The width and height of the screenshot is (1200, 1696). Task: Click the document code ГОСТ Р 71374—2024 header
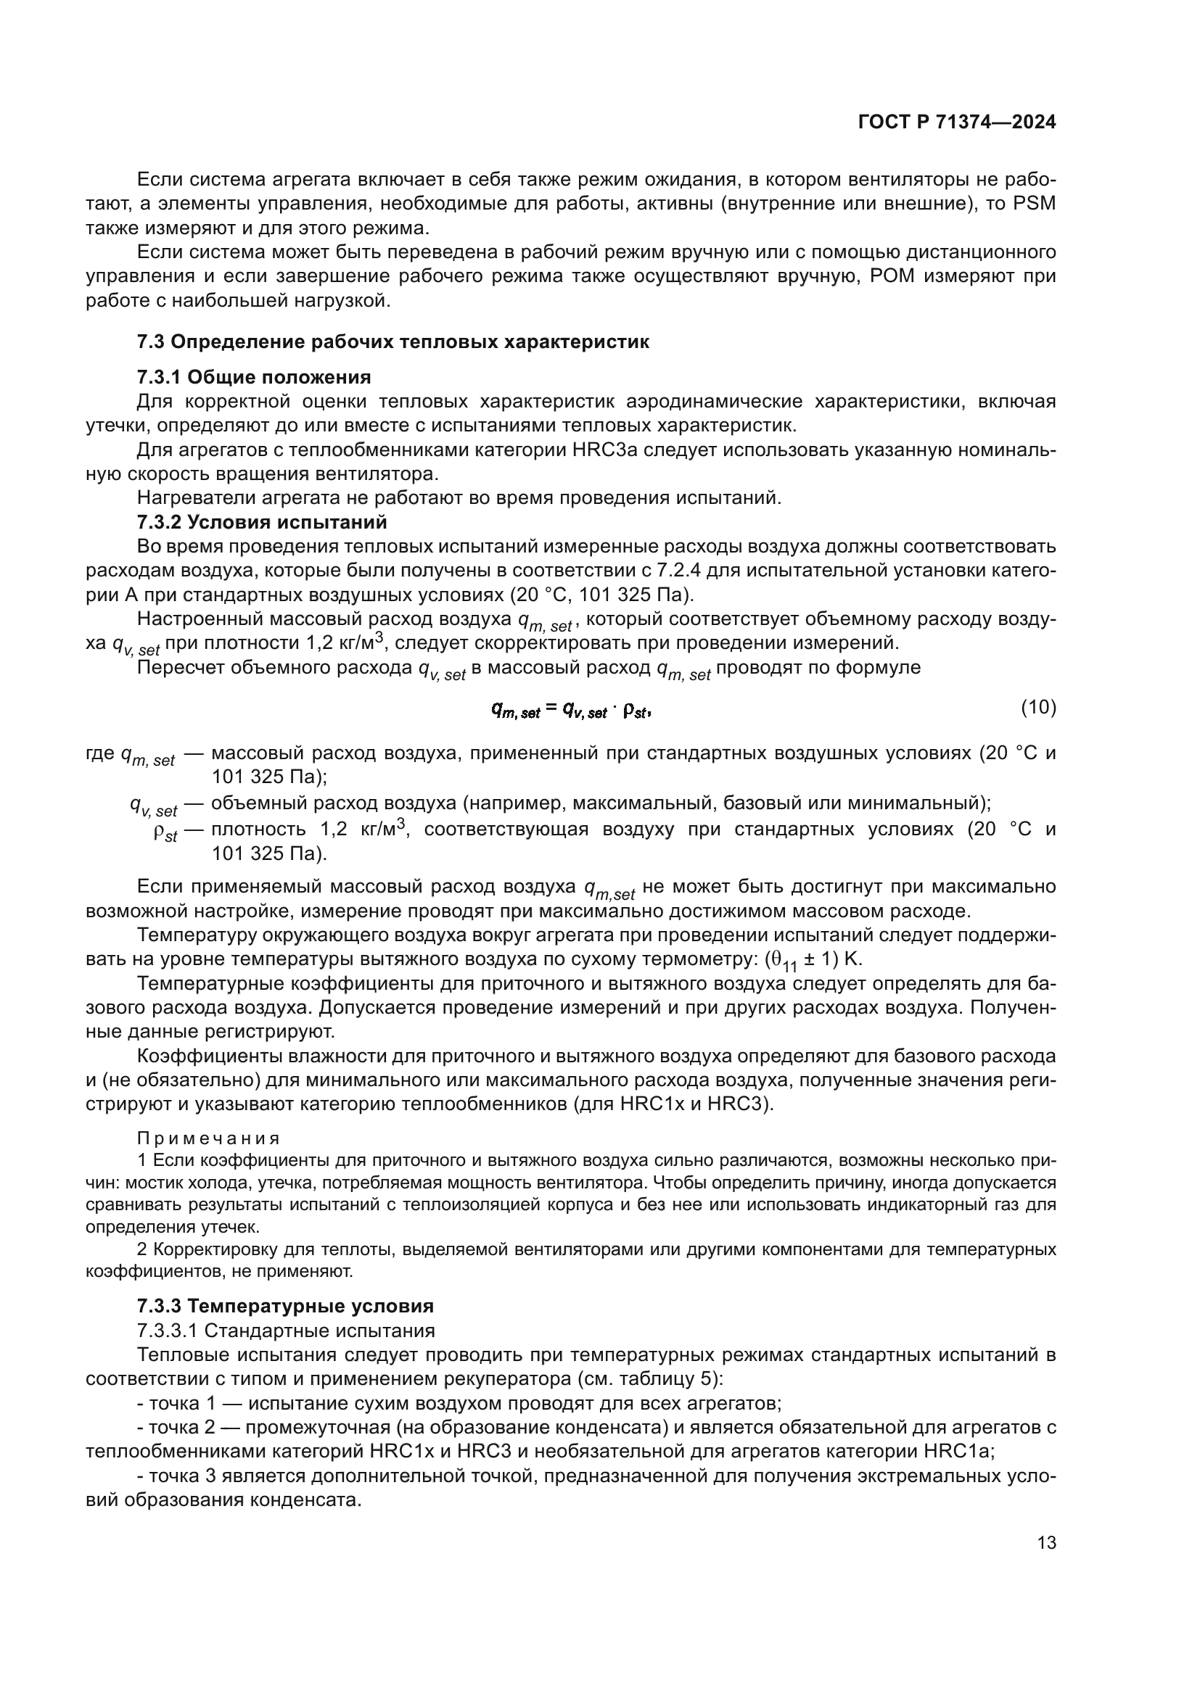(x=956, y=123)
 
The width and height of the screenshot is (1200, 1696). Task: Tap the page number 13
(x=1046, y=1542)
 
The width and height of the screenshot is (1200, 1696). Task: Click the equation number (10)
(x=1038, y=708)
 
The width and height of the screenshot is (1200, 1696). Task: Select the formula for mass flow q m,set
(x=571, y=710)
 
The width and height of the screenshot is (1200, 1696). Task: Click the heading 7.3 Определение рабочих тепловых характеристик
(x=393, y=342)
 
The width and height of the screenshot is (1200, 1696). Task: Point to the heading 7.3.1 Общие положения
(x=253, y=378)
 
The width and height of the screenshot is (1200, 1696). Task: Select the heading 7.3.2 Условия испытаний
(x=262, y=522)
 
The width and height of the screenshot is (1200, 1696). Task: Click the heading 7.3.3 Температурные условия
(x=284, y=1306)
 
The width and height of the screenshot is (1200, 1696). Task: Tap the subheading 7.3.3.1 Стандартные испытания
(x=286, y=1331)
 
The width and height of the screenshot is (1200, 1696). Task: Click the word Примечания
(x=208, y=1138)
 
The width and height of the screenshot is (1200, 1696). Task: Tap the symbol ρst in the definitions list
(x=165, y=833)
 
